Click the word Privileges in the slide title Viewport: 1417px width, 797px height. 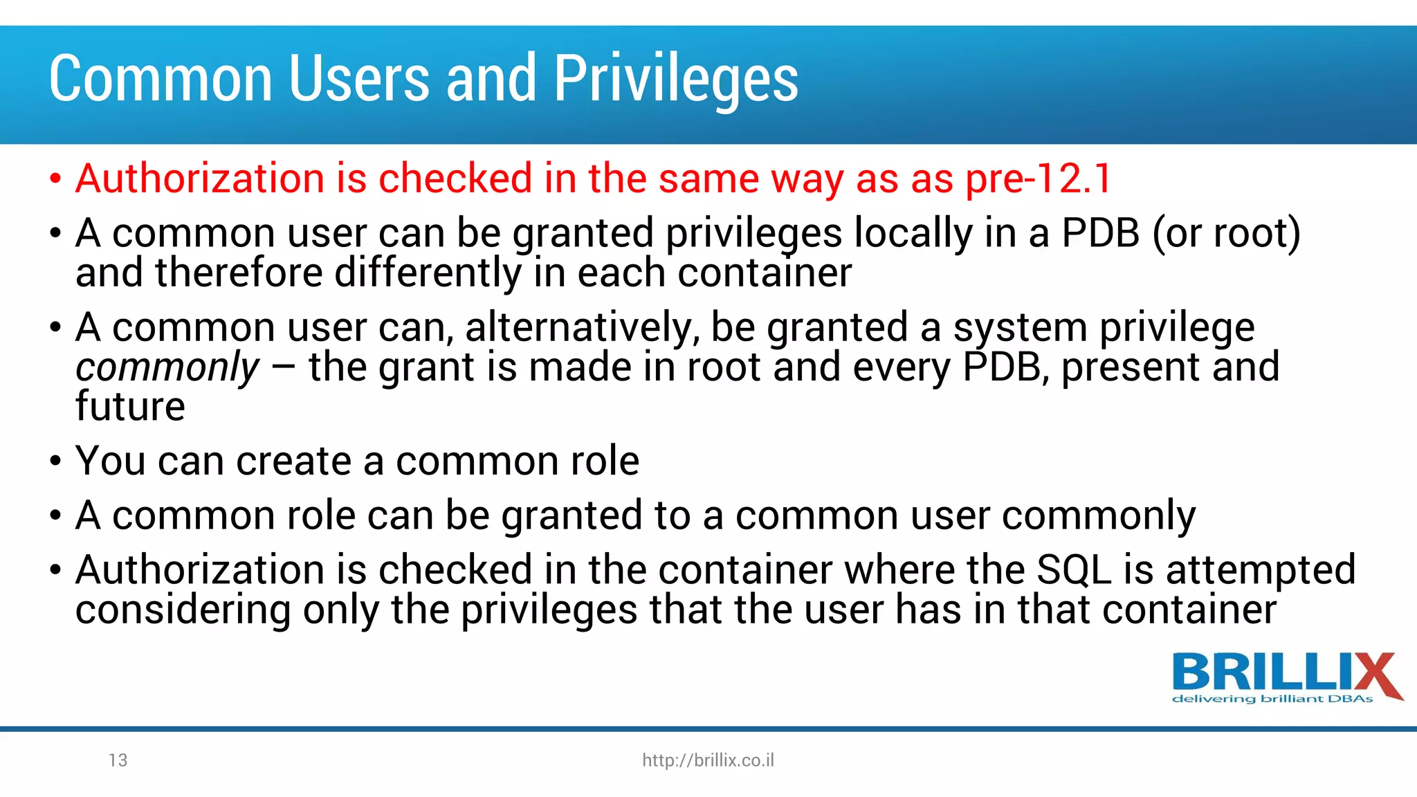click(x=676, y=79)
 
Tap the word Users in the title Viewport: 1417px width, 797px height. click(x=359, y=79)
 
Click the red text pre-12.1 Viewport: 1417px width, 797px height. click(x=1039, y=178)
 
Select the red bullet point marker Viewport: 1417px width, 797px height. click(x=56, y=179)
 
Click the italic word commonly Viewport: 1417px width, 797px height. click(x=167, y=367)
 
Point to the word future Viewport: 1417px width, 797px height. click(x=130, y=406)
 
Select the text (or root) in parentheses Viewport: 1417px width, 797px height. click(x=1226, y=233)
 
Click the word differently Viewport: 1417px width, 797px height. click(x=428, y=273)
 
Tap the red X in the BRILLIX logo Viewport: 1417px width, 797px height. click(x=1373, y=675)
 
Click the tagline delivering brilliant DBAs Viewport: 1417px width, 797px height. click(x=1272, y=699)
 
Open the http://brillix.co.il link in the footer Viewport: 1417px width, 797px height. click(x=708, y=760)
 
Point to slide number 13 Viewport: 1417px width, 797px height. click(x=118, y=760)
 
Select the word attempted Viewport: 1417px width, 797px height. click(x=1261, y=570)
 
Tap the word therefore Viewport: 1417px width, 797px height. click(x=239, y=273)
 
